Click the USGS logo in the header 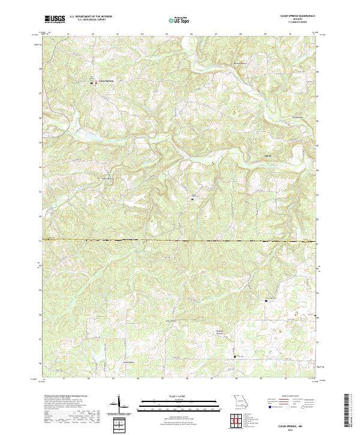click(55, 19)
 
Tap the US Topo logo click(180, 20)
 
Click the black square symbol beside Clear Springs click(91, 83)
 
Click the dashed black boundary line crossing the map click(180, 241)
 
